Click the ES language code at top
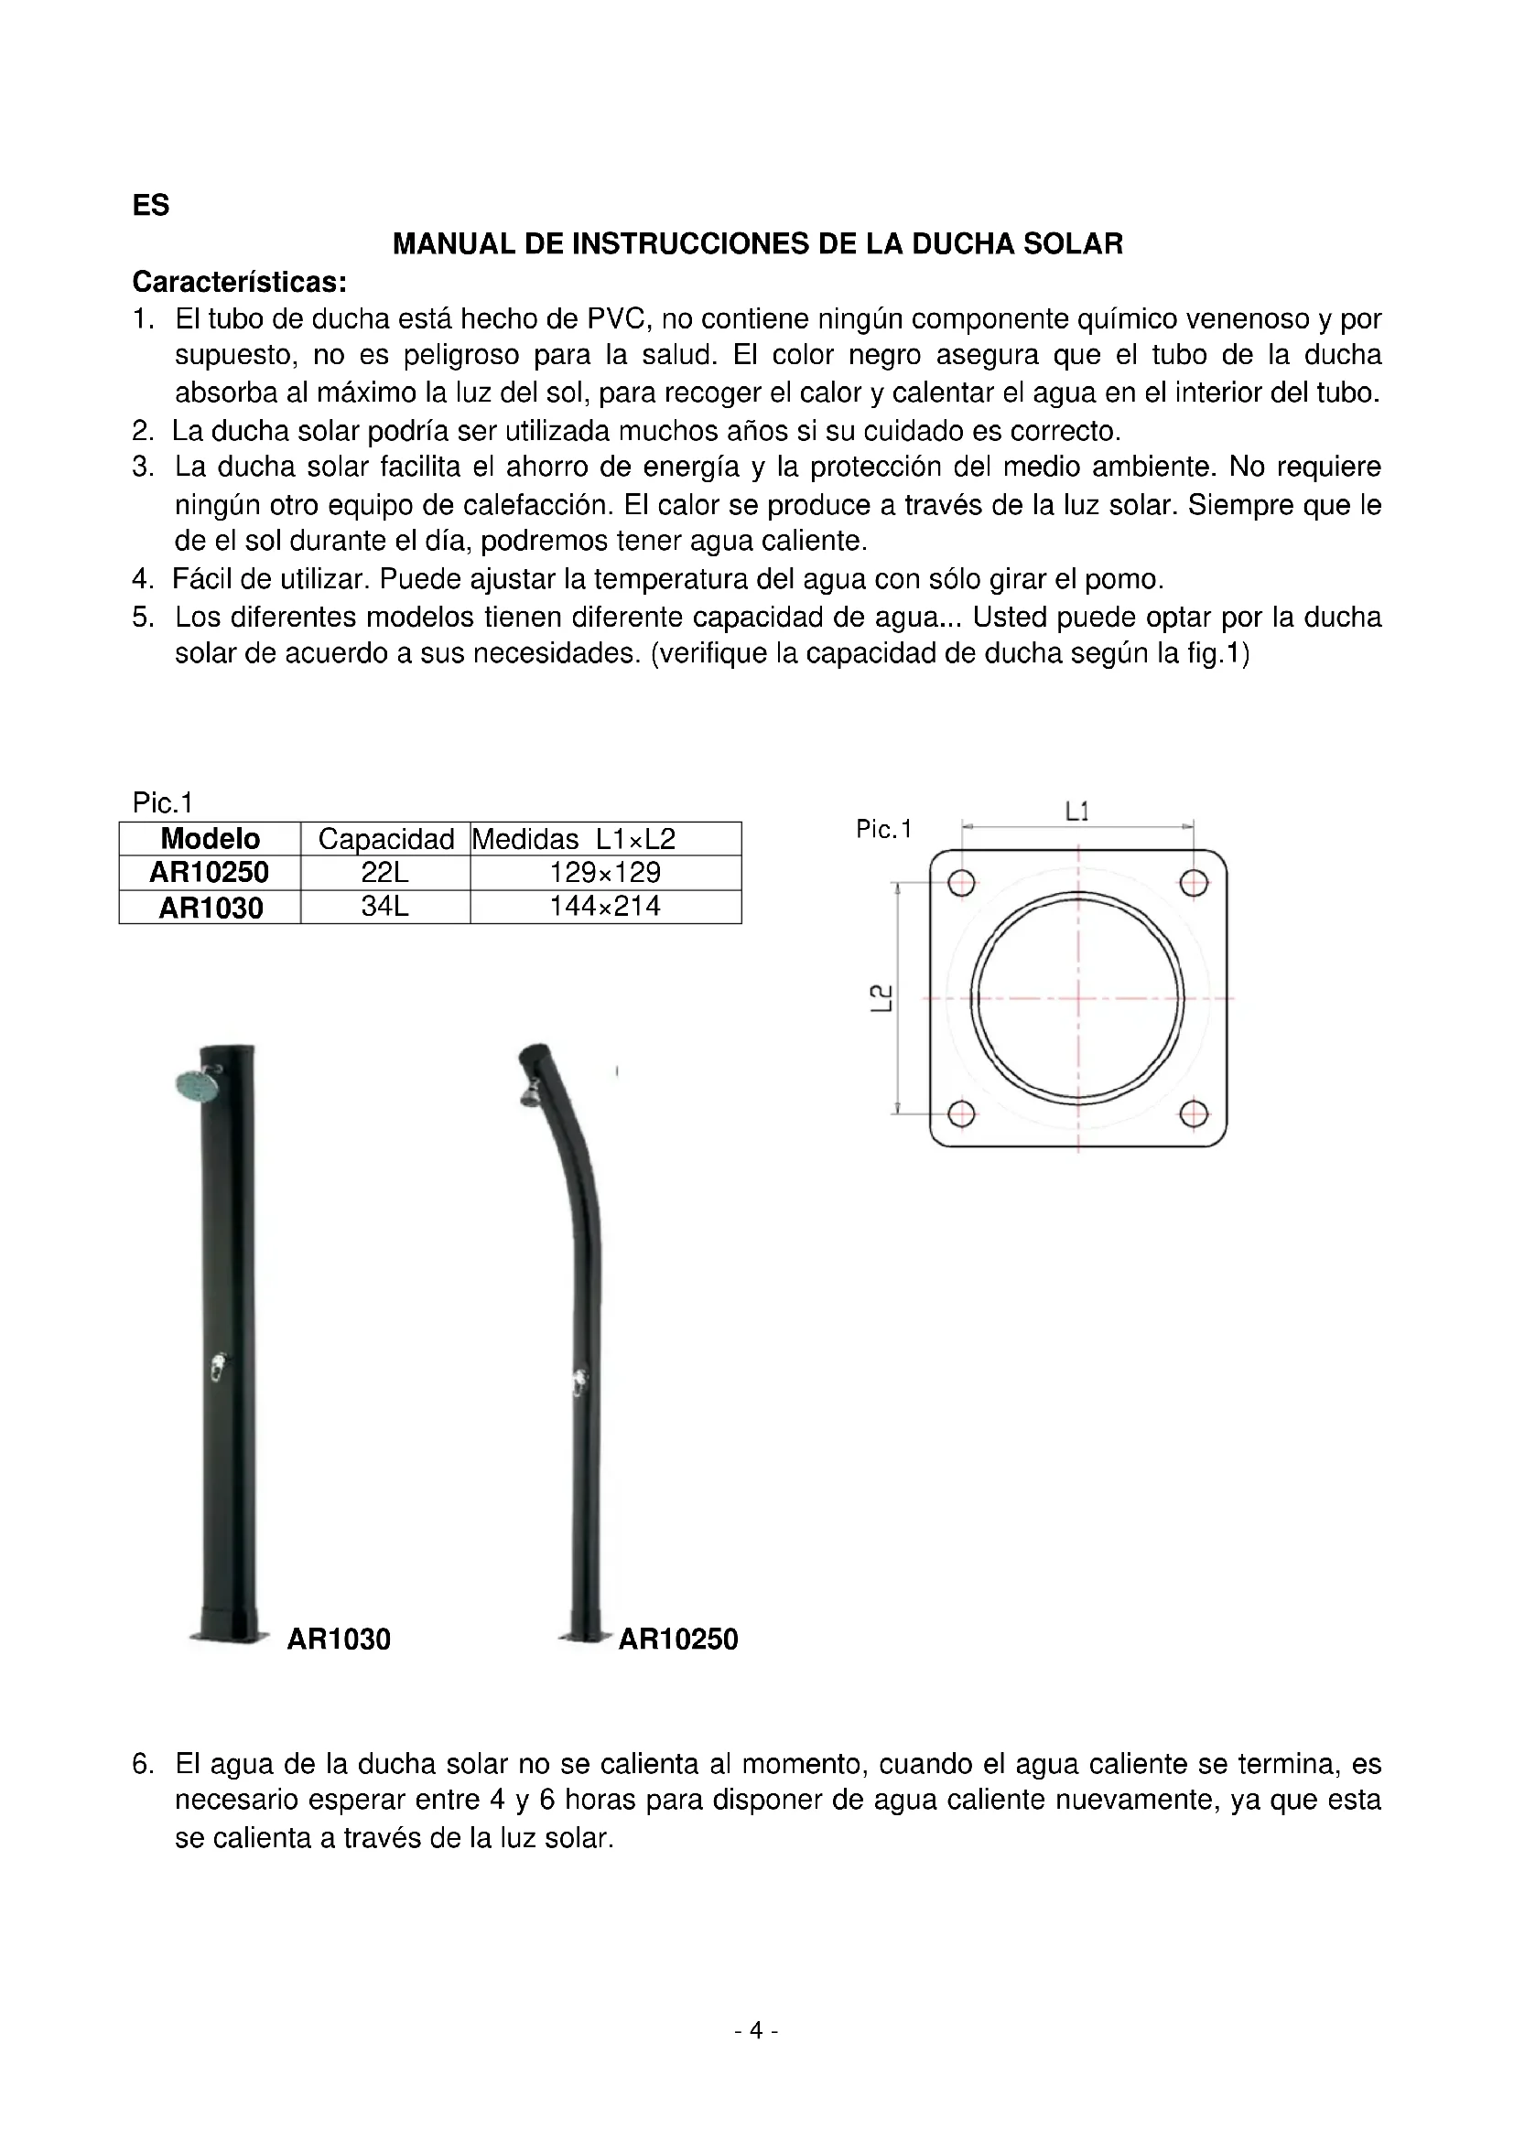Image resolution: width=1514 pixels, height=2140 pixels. click(151, 205)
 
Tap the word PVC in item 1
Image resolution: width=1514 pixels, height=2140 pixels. click(616, 318)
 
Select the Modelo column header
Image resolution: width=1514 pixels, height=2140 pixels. click(210, 838)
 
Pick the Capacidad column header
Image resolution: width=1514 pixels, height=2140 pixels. click(386, 839)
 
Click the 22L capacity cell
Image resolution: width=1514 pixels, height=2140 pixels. click(385, 873)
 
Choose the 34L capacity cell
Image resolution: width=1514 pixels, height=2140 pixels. click(385, 906)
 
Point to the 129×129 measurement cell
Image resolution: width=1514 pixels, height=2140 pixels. click(605, 873)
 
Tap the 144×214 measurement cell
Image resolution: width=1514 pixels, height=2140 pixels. click(605, 906)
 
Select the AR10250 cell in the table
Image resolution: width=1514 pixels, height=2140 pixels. click(209, 873)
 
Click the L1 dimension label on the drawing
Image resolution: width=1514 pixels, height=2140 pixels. click(1077, 811)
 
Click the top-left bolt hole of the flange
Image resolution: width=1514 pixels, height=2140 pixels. click(961, 883)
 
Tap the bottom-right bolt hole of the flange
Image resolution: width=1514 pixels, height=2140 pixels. click(1195, 1113)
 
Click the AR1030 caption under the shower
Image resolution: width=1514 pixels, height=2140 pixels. click(339, 1639)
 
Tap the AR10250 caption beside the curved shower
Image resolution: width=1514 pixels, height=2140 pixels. click(677, 1639)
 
